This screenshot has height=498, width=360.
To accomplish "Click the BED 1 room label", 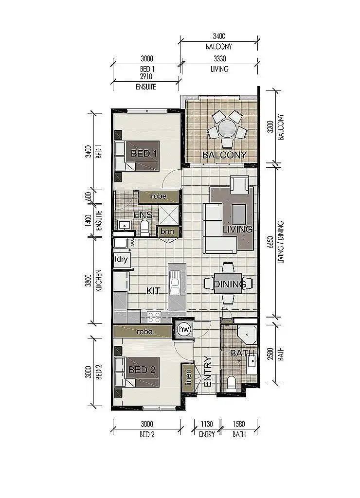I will click(144, 154).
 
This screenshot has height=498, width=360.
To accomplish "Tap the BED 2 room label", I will click(142, 370).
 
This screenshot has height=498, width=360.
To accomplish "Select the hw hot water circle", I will click(184, 330).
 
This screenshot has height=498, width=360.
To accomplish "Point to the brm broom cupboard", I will click(167, 231).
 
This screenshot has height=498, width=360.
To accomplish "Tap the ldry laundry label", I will click(121, 259).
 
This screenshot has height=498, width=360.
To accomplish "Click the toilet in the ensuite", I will click(144, 228).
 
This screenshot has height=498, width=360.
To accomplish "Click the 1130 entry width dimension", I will click(207, 424).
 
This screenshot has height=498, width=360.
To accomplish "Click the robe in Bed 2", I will click(144, 332).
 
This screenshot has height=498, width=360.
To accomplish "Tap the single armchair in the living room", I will click(239, 185).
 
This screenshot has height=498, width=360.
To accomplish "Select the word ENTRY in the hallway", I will click(208, 372).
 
